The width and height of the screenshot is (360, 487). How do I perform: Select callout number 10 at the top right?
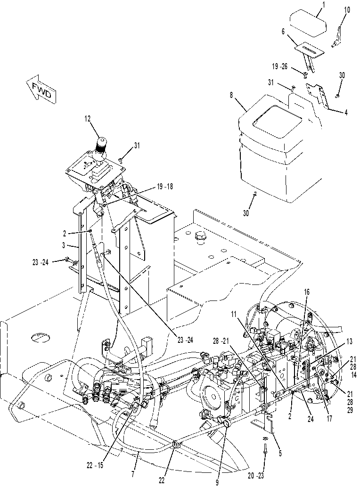[x=347, y=10]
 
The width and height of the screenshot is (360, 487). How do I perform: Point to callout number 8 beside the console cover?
[x=231, y=95]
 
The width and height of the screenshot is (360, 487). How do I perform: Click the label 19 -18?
[x=164, y=187]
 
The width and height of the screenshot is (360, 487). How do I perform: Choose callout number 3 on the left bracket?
[x=64, y=245]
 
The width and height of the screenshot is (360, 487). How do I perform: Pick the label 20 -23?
[x=257, y=475]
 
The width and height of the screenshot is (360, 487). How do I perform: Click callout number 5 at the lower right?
[x=280, y=454]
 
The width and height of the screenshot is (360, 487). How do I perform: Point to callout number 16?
[x=307, y=292]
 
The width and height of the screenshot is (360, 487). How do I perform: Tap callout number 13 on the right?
[x=349, y=341]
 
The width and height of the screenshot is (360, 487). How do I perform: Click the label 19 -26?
[x=280, y=66]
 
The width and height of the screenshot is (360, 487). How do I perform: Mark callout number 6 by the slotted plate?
[x=283, y=31]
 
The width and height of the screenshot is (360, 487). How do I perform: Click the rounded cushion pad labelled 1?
[x=308, y=21]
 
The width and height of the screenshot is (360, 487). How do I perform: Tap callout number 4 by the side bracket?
[x=346, y=113]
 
